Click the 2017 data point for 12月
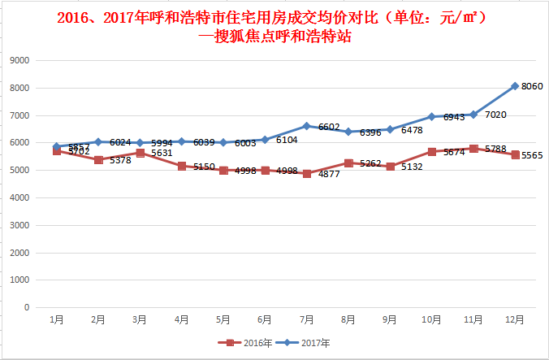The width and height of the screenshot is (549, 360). pos(515,86)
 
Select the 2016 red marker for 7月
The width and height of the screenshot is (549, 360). pos(306,174)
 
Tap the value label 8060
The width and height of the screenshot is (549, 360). pos(532,86)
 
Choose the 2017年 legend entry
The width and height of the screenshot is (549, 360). pos(301,343)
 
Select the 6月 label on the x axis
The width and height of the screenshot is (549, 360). pos(265,320)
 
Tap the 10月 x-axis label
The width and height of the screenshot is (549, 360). pos(431,320)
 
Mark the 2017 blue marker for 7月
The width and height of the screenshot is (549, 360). pos(306,126)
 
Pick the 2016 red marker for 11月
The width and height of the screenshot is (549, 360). pos(473,149)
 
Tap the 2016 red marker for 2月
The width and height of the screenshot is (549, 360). pos(98,160)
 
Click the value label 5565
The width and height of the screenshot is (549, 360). pos(532,155)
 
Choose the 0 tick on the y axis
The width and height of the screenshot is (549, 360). pos(27,308)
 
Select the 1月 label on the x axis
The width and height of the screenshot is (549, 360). pos(57,320)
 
